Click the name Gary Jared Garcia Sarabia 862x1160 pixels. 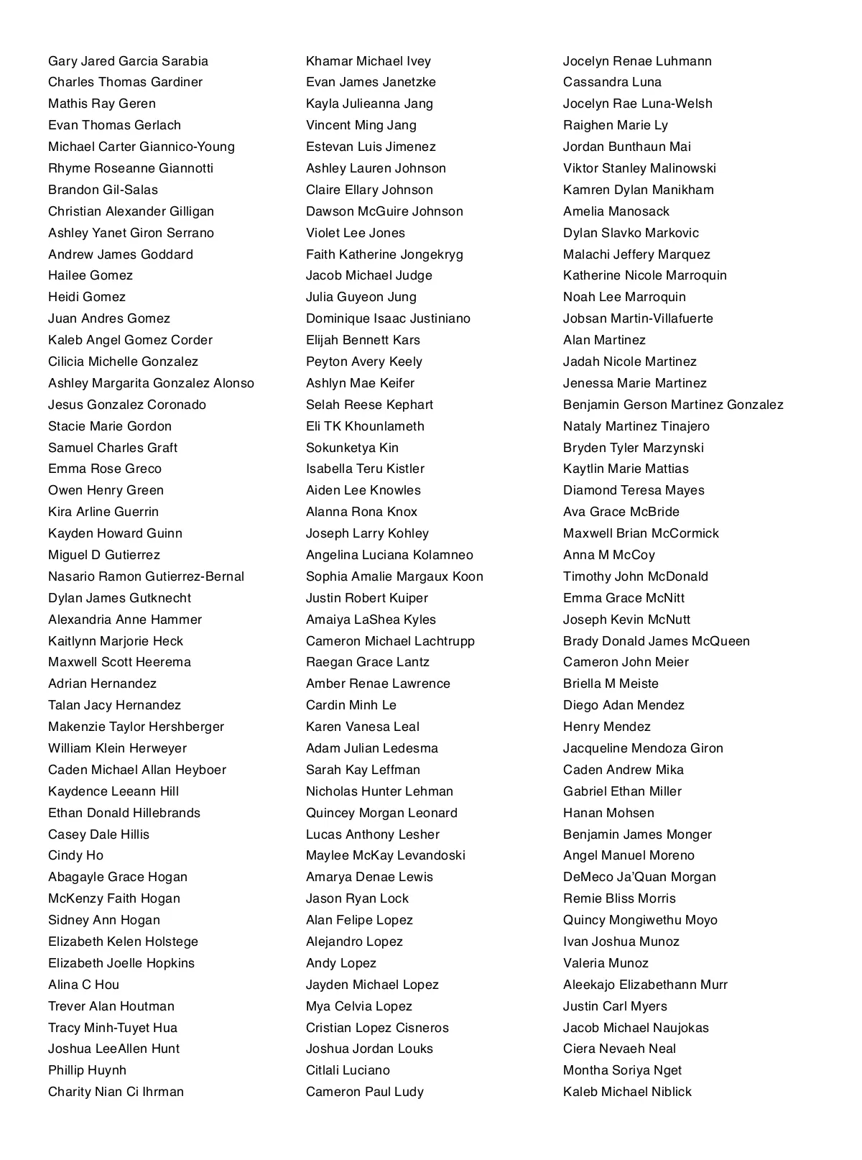pos(128,61)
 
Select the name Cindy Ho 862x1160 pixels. pos(75,855)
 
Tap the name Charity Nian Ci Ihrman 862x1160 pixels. pos(116,1092)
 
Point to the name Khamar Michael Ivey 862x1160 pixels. pos(368,61)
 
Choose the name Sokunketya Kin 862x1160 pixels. pos(352,448)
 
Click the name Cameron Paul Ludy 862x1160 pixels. pos(365,1092)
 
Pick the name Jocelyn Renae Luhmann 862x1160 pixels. pos(637,61)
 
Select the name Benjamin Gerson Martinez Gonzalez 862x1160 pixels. pos(673,405)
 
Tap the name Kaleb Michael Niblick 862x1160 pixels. pos(627,1092)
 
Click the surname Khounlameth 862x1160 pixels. pos(384,426)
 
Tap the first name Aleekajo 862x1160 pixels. pos(588,985)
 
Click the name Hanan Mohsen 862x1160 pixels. pos(608,813)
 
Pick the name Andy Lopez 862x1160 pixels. pos(340,963)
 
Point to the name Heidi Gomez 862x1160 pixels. pos(86,297)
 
